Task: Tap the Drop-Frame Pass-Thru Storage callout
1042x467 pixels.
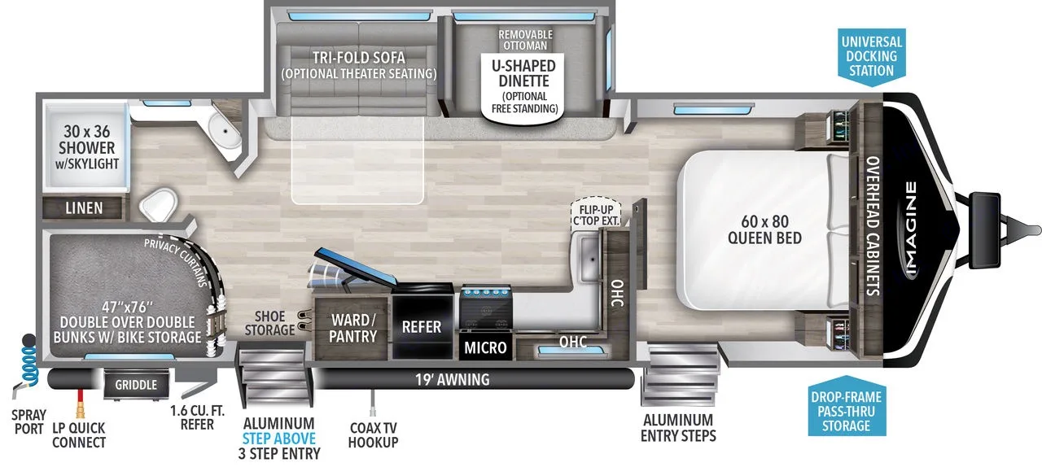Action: click(846, 411)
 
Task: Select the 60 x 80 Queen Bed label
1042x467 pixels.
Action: click(765, 229)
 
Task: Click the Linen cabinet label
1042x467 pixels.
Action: click(84, 208)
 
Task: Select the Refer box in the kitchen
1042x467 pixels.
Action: click(422, 327)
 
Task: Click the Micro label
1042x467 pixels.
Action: click(485, 348)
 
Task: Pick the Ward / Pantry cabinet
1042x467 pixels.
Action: click(352, 328)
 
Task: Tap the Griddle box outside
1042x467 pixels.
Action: click(135, 384)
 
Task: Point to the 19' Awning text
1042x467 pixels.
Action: click(452, 378)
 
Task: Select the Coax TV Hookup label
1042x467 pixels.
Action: click(373, 434)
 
